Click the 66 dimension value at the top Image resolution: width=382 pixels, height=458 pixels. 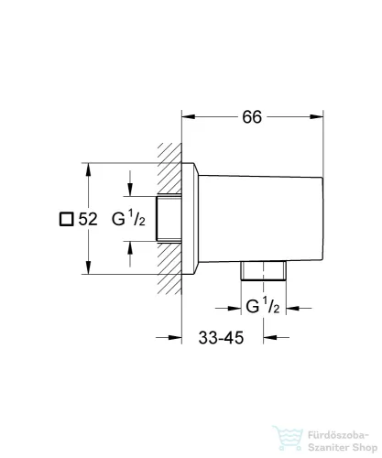pos(252,117)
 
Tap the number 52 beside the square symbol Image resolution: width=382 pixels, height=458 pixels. pos(88,219)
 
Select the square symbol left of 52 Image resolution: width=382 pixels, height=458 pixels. pos(66,219)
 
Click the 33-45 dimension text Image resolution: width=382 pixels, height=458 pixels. pos(221,338)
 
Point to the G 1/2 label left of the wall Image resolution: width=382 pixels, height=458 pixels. pos(128,219)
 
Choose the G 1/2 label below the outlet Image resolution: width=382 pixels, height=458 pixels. pos(263,306)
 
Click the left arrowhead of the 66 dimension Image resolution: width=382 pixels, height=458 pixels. pos(189,116)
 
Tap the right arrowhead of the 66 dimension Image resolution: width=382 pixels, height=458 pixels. pos(316,116)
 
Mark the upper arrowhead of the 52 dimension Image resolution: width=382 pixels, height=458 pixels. pos(88,169)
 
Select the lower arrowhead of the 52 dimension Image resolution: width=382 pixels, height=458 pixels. pos(88,267)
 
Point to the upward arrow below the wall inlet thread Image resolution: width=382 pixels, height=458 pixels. pos(130,254)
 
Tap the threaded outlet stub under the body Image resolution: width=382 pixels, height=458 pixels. pos(263,270)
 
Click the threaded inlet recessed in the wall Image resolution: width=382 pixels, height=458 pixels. pos(169,219)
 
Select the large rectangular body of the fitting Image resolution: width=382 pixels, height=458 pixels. pos(261,219)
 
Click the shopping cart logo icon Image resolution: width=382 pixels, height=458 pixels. pos(288,439)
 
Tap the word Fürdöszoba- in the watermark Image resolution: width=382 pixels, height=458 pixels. pos(339,435)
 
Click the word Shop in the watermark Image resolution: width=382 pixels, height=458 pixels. pos(365,448)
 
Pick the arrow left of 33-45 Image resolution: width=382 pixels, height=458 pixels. pos(169,338)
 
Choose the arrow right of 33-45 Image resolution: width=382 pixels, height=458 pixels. pos(276,338)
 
